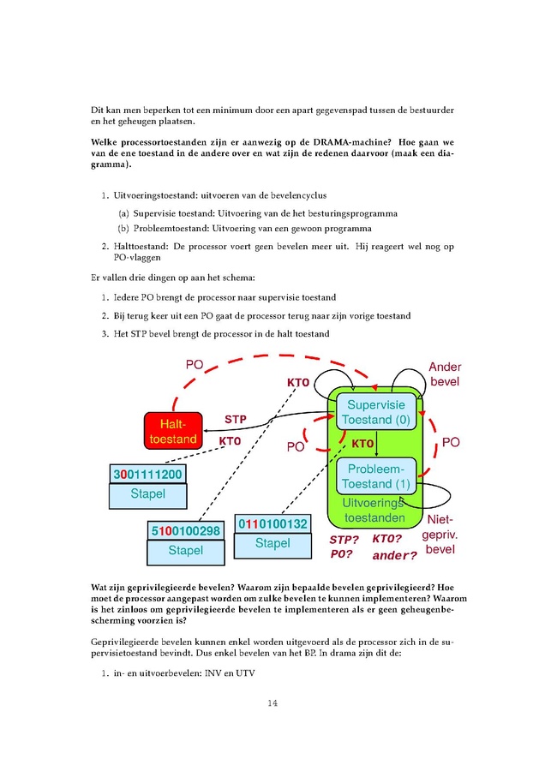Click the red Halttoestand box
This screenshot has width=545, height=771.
(x=173, y=431)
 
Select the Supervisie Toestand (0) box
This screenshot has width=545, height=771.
(x=376, y=412)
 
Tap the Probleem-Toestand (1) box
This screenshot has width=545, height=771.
(x=376, y=476)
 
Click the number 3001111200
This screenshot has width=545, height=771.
(x=147, y=474)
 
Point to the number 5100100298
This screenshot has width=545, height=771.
(x=185, y=531)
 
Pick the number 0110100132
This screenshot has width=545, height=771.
(x=272, y=523)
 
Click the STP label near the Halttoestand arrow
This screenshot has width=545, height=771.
(x=236, y=420)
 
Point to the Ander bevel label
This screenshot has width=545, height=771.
(x=445, y=374)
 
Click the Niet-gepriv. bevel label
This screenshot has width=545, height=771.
(x=440, y=535)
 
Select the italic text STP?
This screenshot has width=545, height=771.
(x=344, y=540)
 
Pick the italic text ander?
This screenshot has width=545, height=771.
(x=394, y=556)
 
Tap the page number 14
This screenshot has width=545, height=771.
(x=272, y=703)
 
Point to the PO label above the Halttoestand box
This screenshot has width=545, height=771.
(x=195, y=365)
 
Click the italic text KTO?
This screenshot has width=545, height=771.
(x=387, y=539)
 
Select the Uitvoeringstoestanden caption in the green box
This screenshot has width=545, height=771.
(x=374, y=511)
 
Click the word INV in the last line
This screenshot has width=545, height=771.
(x=213, y=673)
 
